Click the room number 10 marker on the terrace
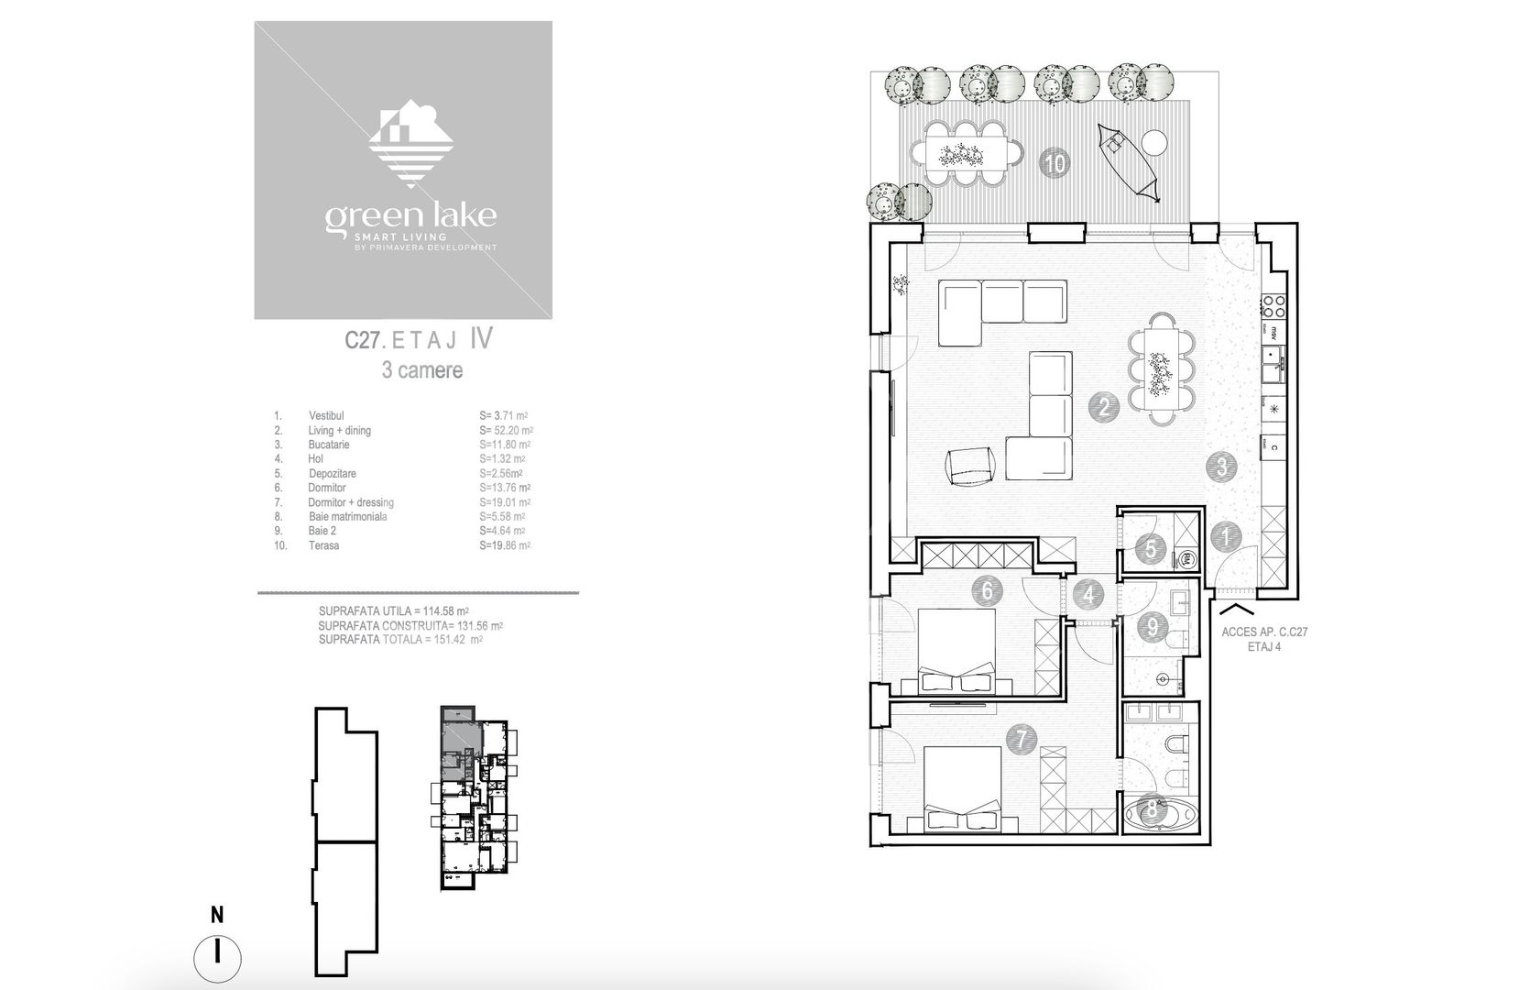pos(1055,164)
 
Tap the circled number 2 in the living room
pos(1103,407)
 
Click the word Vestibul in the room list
pos(326,416)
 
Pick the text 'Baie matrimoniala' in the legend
pos(347,517)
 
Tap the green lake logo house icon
pos(410,144)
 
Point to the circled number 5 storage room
pos(1149,550)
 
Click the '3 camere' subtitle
pos(421,370)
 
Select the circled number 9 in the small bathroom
pos(1152,628)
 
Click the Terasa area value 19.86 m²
pos(505,545)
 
